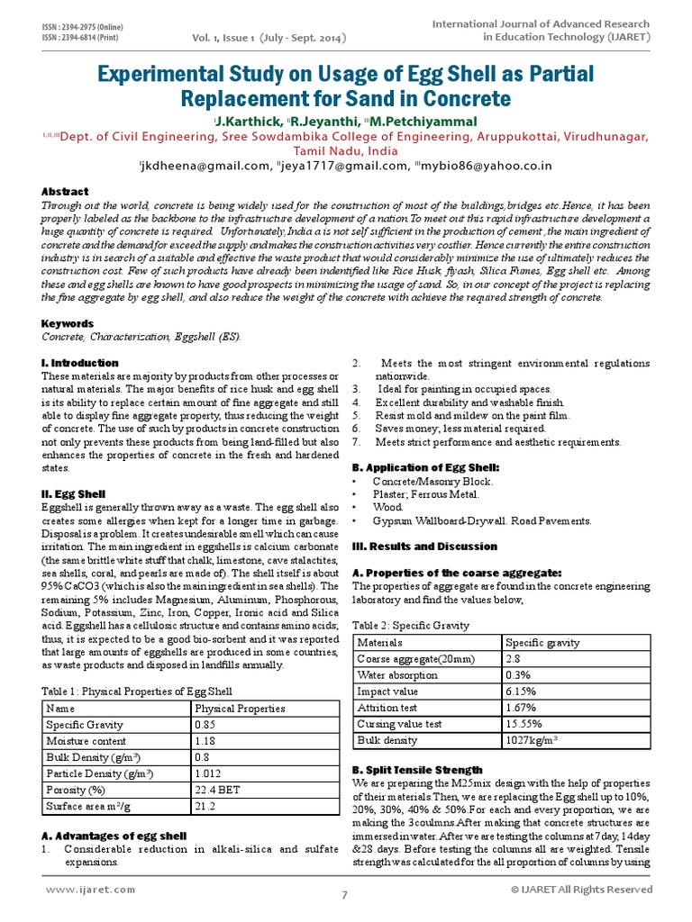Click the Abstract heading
click(66, 192)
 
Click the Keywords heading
click(68, 323)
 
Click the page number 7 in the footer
click(344, 895)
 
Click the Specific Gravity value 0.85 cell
click(207, 724)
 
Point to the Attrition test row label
click(388, 708)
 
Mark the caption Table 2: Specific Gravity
click(410, 624)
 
